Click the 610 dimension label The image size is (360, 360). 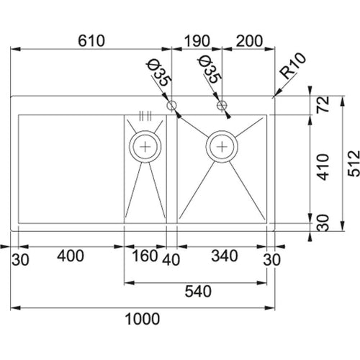tap(91, 41)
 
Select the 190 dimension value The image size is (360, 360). tap(197, 41)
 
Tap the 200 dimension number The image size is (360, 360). tap(249, 41)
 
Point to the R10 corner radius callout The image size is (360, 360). tap(294, 66)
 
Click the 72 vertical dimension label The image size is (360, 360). tap(323, 104)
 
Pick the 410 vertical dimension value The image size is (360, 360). tap(323, 167)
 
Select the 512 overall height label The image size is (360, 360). tap(354, 163)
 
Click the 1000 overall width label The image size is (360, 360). tap(143, 319)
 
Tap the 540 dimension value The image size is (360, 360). tap(198, 292)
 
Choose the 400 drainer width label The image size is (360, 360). tap(71, 256)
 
